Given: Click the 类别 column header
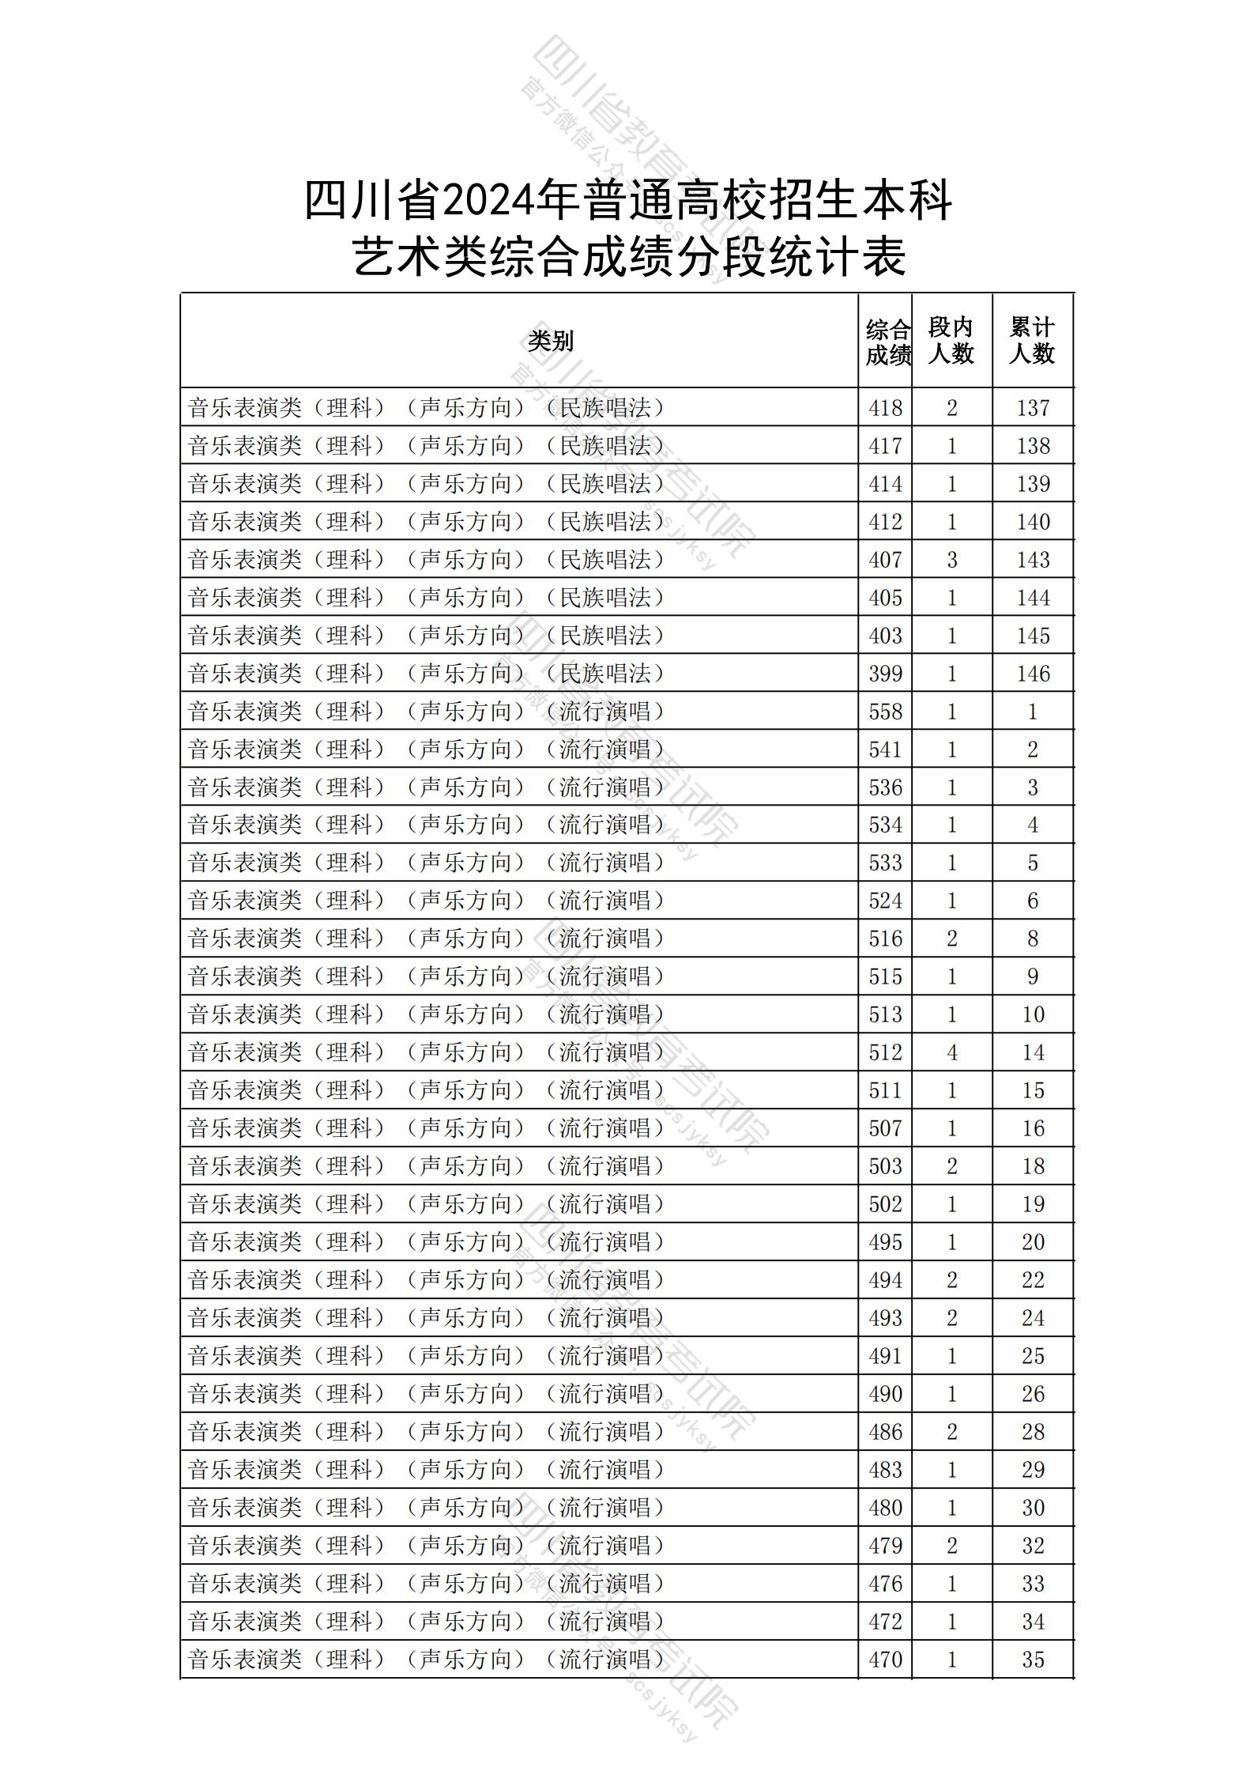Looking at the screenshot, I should [551, 341].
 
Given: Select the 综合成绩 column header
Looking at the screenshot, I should [887, 342].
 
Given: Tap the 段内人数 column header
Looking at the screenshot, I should [951, 341].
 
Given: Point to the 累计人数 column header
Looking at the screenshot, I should [1032, 341].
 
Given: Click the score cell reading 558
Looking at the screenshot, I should [885, 712].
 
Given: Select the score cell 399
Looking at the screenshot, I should [885, 674].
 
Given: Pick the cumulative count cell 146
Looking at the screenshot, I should [1033, 674].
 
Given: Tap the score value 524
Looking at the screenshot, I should [885, 901].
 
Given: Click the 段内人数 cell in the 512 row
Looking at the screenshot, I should [951, 1052].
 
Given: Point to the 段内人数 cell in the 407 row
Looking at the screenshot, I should [951, 560].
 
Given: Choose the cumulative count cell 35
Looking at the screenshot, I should [1033, 1660].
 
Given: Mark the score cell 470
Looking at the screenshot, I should [885, 1660].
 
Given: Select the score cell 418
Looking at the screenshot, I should [885, 408].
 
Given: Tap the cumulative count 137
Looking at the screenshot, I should [1033, 408].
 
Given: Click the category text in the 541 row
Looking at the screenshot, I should [427, 750].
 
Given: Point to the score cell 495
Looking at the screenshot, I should [885, 1242].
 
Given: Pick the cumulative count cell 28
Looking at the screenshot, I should [1033, 1432].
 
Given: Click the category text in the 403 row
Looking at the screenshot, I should [427, 636].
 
